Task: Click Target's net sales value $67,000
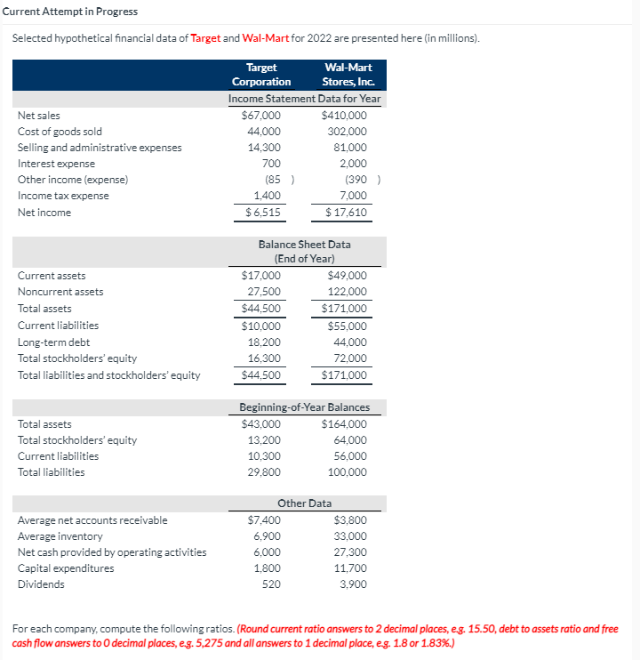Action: tap(261, 116)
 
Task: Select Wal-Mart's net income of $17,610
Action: tap(346, 213)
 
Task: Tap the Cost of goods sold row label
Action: tap(60, 132)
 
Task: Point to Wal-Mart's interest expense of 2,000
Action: tap(353, 164)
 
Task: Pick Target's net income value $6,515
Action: tap(263, 213)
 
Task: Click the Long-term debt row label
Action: tap(53, 342)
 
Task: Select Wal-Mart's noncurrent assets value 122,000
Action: tap(348, 292)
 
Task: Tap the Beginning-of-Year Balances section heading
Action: tap(304, 407)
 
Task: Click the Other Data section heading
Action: tap(304, 503)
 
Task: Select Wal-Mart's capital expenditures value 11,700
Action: tap(350, 568)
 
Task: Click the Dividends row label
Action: tap(41, 584)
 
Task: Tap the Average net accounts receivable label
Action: tap(92, 520)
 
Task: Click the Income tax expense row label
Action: tap(63, 196)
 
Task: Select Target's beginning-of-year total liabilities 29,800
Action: tap(264, 472)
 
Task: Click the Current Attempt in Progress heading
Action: tap(69, 11)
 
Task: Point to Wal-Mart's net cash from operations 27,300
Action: tap(350, 552)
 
